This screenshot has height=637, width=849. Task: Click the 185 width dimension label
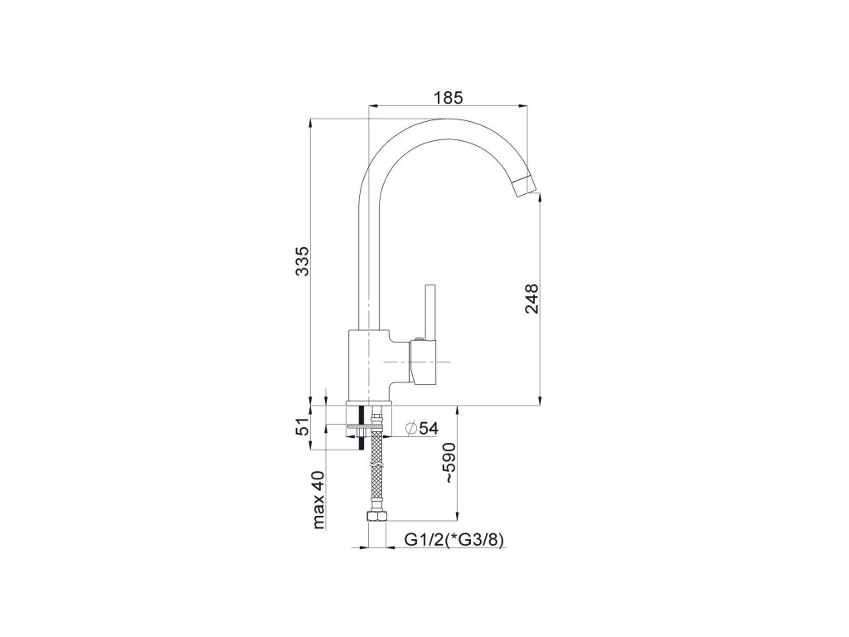pos(449,98)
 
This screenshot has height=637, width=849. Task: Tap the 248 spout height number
pos(531,299)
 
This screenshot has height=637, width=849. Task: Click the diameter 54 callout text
pos(421,428)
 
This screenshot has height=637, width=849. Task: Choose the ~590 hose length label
pos(452,463)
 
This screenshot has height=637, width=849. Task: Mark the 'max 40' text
pos(319,499)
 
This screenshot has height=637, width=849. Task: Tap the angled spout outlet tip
pos(525,187)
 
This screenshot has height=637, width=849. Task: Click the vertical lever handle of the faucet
pos(431,312)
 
